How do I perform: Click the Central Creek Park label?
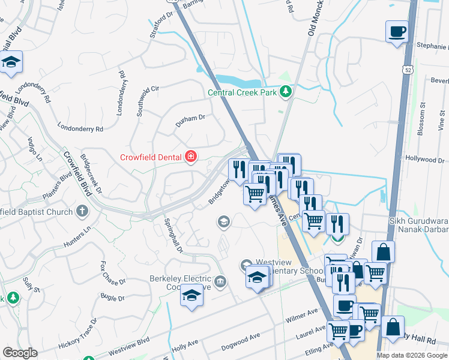click(244, 92)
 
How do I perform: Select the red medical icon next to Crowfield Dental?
click(191, 157)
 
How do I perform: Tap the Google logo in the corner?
click(20, 353)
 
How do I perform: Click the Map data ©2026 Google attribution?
click(412, 355)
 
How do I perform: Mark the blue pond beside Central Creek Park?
click(238, 80)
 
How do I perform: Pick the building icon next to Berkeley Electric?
click(220, 281)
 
